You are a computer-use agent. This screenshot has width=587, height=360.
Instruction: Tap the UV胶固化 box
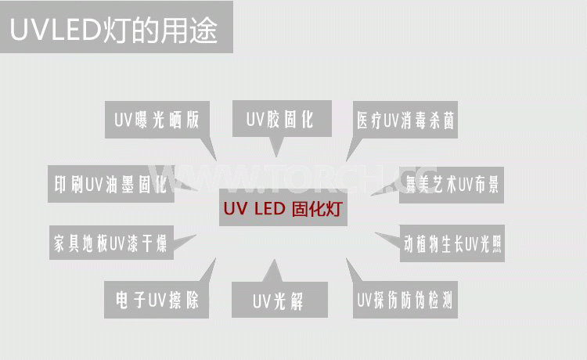point(279,120)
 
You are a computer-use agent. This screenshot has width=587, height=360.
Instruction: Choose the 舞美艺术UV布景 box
point(450,185)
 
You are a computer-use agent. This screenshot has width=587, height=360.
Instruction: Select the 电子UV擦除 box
point(157,300)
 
